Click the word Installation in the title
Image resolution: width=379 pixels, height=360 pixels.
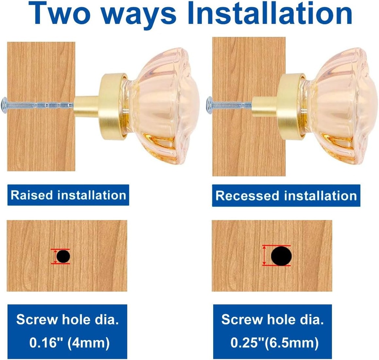(270, 13)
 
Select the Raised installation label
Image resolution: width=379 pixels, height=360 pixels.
(68, 195)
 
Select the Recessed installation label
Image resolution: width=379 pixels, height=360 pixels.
(286, 195)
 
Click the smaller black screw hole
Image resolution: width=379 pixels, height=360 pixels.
(63, 256)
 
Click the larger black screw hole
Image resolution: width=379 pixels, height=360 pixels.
(281, 256)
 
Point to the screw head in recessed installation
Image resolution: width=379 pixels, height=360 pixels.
(209, 104)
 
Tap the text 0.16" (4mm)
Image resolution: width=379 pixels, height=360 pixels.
(69, 343)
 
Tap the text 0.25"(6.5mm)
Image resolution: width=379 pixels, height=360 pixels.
(274, 343)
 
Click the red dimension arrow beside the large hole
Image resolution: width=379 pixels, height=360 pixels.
(264, 256)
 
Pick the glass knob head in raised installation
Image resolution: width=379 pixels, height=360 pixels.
(162, 106)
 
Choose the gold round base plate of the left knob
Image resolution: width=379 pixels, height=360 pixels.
(113, 107)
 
